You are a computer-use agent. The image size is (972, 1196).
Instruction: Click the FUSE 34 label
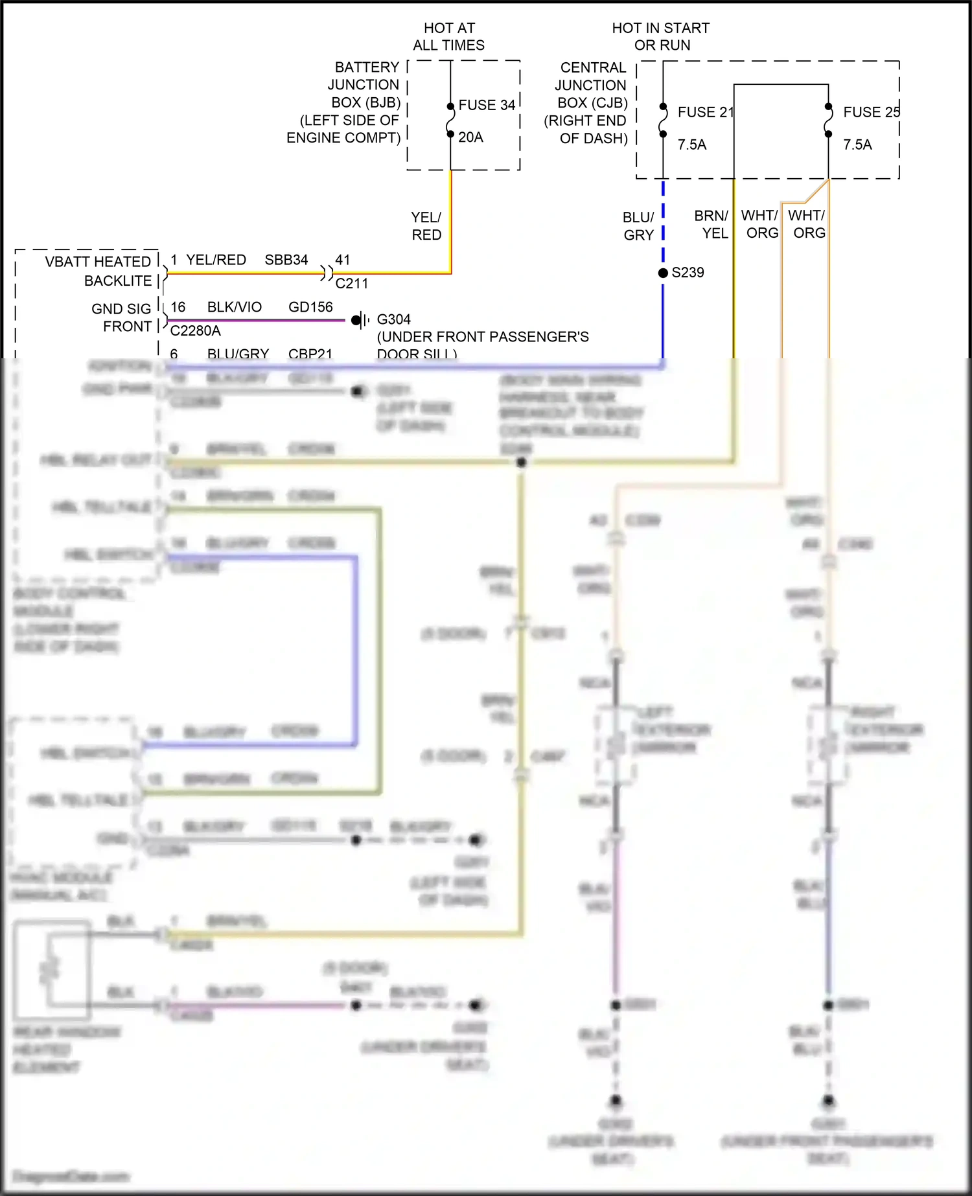pyautogui.click(x=487, y=105)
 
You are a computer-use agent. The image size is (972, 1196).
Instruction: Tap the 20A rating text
pyautogui.click(x=470, y=137)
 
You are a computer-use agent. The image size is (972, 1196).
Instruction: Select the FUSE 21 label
pyautogui.click(x=706, y=112)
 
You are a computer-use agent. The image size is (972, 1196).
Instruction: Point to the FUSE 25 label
pyautogui.click(x=871, y=112)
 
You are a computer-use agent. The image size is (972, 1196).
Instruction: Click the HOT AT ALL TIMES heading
pyautogui.click(x=449, y=37)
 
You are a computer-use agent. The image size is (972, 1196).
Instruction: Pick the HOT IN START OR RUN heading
pyautogui.click(x=661, y=37)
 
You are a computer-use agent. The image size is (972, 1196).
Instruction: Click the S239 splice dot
pyautogui.click(x=663, y=273)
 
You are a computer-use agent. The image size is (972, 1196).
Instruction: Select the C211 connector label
pyautogui.click(x=352, y=283)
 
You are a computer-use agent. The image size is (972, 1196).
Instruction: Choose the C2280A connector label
pyautogui.click(x=196, y=331)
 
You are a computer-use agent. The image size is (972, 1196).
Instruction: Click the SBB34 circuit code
pyautogui.click(x=286, y=260)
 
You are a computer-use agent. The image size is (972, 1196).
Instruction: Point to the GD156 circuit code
pyautogui.click(x=310, y=307)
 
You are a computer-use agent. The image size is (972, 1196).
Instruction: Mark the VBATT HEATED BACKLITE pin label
pyautogui.click(x=98, y=271)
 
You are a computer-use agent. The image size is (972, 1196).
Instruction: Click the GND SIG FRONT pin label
pyautogui.click(x=121, y=317)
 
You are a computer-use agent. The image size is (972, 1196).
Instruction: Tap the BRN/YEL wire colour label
pyautogui.click(x=712, y=224)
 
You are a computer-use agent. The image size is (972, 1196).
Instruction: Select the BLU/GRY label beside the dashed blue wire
pyautogui.click(x=639, y=226)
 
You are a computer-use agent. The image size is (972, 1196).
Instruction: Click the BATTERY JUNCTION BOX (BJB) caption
pyautogui.click(x=343, y=102)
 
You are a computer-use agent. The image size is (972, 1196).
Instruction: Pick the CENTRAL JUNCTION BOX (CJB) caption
pyautogui.click(x=586, y=103)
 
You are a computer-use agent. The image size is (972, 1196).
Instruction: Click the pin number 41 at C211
pyautogui.click(x=343, y=260)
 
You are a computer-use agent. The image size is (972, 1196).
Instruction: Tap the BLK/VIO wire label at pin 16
pyautogui.click(x=235, y=307)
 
